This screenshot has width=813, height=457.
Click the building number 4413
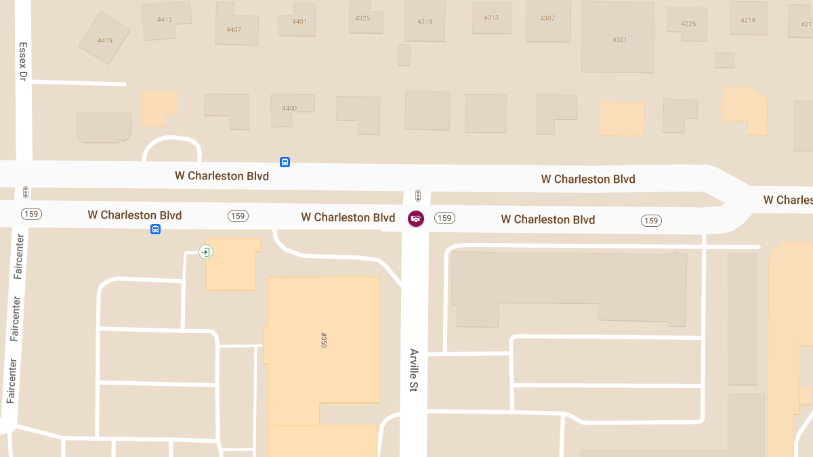165,20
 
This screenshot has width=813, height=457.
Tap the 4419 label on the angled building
105,41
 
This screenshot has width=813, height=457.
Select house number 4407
234,30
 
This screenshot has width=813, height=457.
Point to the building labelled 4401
299,22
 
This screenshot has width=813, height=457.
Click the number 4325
362,18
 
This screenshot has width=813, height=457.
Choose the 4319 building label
425,22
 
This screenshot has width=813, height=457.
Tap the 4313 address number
491,18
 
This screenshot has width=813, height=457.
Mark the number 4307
547,18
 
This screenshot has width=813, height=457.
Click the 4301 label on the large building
620,40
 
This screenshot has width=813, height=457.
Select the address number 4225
688,24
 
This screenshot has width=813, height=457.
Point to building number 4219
748,20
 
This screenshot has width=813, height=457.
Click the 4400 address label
289,108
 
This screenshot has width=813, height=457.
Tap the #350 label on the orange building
323,340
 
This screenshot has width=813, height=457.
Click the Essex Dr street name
22,62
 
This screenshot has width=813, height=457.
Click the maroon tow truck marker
415,219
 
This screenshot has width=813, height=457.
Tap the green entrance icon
205,252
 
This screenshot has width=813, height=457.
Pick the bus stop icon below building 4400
285,162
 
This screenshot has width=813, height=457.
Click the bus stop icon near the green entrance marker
155,230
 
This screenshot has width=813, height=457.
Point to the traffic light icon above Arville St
418,196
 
